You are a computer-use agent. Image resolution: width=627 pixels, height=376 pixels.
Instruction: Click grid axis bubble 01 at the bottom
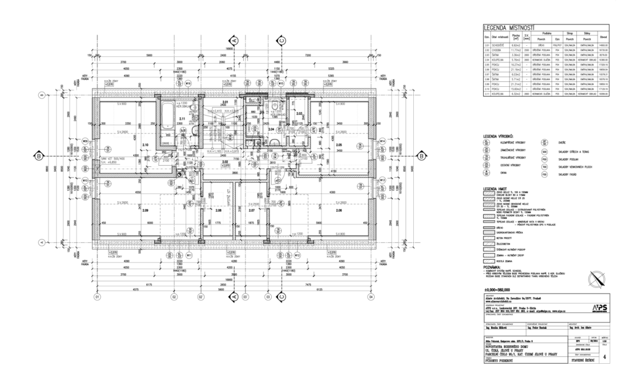click(96, 298)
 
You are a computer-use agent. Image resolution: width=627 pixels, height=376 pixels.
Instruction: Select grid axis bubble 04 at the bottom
click(370, 298)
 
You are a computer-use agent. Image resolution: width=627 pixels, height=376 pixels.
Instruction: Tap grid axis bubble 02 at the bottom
click(174, 298)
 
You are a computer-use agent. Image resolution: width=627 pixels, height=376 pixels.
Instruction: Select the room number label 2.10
click(145, 145)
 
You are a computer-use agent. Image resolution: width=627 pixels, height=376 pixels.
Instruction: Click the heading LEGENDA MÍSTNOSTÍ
click(509, 28)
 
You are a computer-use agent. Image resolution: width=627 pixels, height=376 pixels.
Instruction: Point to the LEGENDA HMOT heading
click(495, 189)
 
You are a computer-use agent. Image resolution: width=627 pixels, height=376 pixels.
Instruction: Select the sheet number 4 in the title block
click(605, 355)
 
